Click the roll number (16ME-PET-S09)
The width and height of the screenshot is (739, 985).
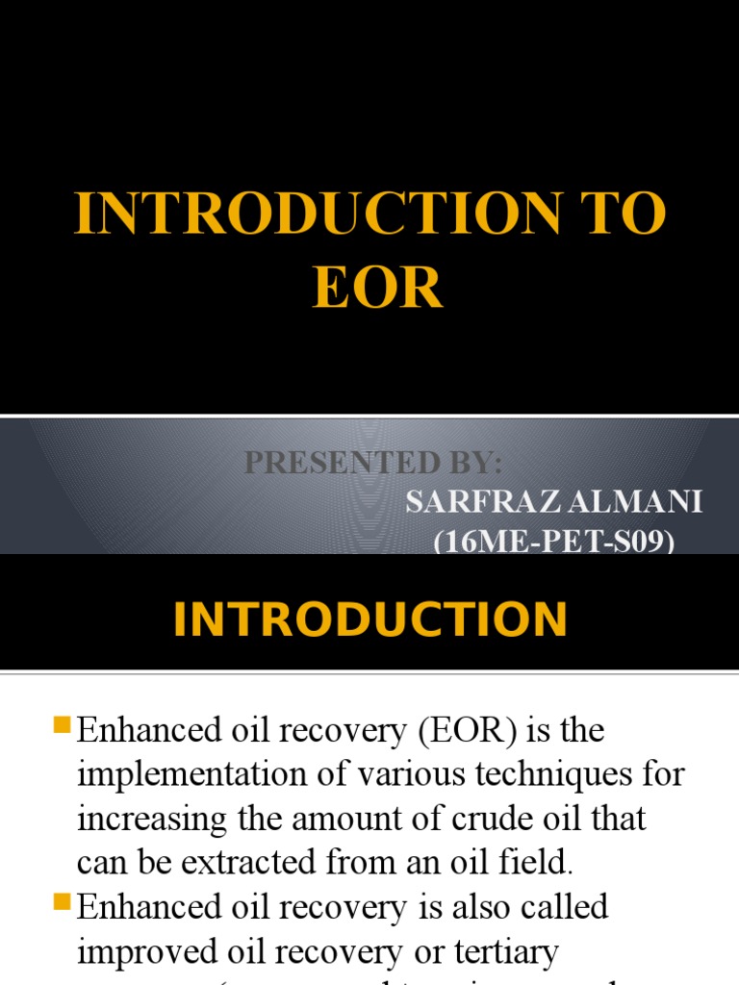click(554, 543)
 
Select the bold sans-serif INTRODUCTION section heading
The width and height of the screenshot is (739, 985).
click(369, 619)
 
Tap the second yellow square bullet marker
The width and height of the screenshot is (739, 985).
click(64, 901)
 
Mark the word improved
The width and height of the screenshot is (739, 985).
click(143, 951)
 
